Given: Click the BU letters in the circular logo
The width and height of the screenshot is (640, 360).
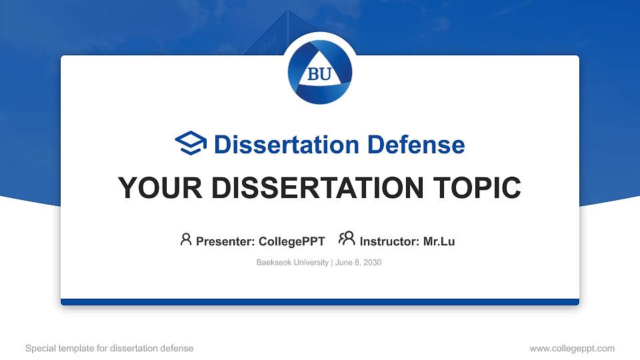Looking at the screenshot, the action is (x=319, y=74).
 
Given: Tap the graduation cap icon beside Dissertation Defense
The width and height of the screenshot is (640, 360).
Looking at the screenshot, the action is (x=191, y=143).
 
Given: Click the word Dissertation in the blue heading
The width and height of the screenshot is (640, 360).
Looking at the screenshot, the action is (x=286, y=145).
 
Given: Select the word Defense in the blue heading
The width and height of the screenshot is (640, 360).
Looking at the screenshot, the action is (x=416, y=145).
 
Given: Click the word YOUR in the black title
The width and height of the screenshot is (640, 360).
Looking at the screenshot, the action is (x=160, y=188).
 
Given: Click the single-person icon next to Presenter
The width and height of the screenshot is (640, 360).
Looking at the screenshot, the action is (x=186, y=239).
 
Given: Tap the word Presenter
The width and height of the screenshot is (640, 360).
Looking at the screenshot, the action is (x=225, y=241).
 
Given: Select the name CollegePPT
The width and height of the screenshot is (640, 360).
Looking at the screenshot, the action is (x=292, y=241).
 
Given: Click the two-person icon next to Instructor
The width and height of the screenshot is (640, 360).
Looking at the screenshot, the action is (x=347, y=239).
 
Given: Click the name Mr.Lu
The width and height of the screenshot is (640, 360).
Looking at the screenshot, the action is (x=439, y=241).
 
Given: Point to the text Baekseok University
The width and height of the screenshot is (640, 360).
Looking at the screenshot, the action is (x=292, y=263).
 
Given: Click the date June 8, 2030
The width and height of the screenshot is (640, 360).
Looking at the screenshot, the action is (x=359, y=263).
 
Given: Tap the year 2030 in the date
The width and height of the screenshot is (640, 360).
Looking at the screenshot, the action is (x=372, y=263).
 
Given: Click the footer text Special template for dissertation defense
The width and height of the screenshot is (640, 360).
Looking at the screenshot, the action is (x=109, y=348).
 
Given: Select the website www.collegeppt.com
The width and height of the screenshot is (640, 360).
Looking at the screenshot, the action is (x=572, y=348).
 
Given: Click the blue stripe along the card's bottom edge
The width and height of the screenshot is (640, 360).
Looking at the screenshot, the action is (x=320, y=302).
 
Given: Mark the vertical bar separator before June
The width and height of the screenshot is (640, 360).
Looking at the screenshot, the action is (x=332, y=263).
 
